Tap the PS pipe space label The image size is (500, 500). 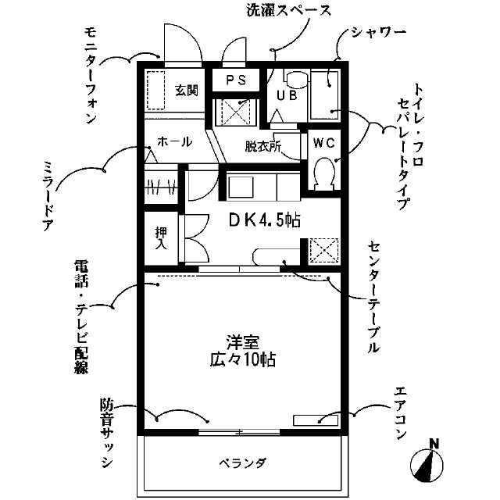pos(236,80)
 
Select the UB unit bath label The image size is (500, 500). pos(285,96)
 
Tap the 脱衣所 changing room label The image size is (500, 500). pos(262,145)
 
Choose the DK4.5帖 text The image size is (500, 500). pos(264,220)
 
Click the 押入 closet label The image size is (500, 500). pos(162,237)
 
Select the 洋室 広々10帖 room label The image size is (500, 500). pos(242,352)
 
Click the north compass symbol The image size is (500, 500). pos(427,463)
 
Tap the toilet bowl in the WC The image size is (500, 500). pos(323,173)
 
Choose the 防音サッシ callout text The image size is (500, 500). pos(106,434)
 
